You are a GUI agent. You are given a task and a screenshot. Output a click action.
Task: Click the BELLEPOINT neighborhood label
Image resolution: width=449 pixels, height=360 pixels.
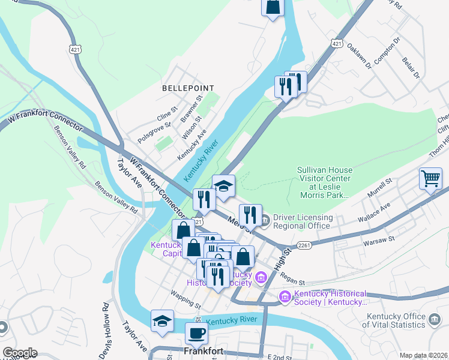pyautogui.click(x=188, y=88)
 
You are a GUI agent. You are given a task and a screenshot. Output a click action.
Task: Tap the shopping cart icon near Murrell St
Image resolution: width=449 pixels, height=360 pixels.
pyautogui.click(x=430, y=178)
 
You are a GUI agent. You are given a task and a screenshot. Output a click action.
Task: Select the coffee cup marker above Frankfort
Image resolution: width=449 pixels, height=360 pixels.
pyautogui.click(x=196, y=332)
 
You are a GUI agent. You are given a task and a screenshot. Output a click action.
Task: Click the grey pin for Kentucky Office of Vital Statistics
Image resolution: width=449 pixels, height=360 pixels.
pyautogui.click(x=435, y=321)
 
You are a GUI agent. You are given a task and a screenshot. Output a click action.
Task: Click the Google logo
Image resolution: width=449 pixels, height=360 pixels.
pyautogui.click(x=19, y=353)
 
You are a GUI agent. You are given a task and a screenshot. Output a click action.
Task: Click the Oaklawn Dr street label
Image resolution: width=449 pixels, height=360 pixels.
pyautogui.click(x=360, y=55)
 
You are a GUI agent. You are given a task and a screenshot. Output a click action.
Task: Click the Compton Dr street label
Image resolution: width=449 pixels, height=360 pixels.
pyautogui.click(x=387, y=53)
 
